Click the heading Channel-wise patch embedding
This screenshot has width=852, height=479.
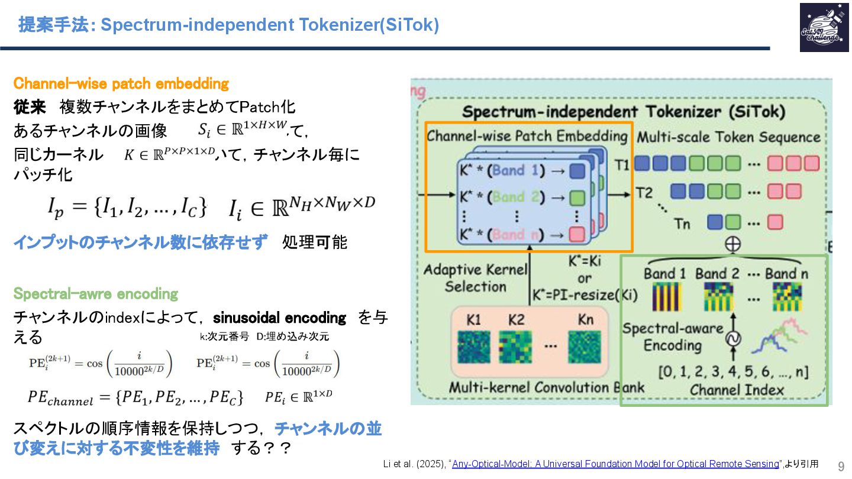click(x=121, y=84)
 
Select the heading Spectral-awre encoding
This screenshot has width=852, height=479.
click(x=95, y=294)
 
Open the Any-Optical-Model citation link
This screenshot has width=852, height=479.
click(x=615, y=464)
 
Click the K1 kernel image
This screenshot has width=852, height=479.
click(x=474, y=347)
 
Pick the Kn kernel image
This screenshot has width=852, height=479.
click(x=584, y=347)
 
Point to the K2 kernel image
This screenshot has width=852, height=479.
click(x=515, y=347)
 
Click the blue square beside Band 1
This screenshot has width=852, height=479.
click(x=577, y=171)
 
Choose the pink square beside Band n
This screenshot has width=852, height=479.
click(x=577, y=234)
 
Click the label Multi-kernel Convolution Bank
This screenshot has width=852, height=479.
click(x=546, y=388)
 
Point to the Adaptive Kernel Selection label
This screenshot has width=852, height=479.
click(x=475, y=278)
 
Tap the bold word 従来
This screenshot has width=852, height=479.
click(x=30, y=107)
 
